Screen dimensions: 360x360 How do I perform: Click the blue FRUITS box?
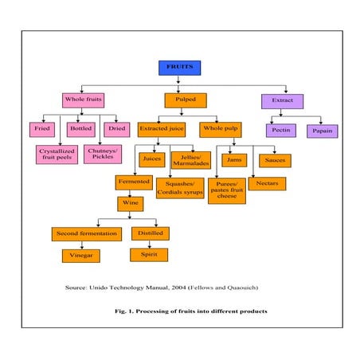point(179,68)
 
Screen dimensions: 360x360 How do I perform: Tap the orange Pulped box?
point(185,100)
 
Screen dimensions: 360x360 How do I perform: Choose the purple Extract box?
point(282,100)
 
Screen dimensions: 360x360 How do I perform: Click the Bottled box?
point(80,128)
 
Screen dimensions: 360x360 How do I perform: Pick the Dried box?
point(116,128)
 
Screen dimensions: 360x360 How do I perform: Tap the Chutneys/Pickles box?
point(104,153)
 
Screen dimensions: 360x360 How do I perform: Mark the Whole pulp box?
point(221,128)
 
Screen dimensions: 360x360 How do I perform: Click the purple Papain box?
point(323,130)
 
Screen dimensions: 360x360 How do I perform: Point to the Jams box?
point(233,160)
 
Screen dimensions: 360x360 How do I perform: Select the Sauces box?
point(276,160)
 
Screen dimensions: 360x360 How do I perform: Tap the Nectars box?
point(267,183)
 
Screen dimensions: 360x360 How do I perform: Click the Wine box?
point(131,204)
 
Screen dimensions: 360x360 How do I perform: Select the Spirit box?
point(147,255)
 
